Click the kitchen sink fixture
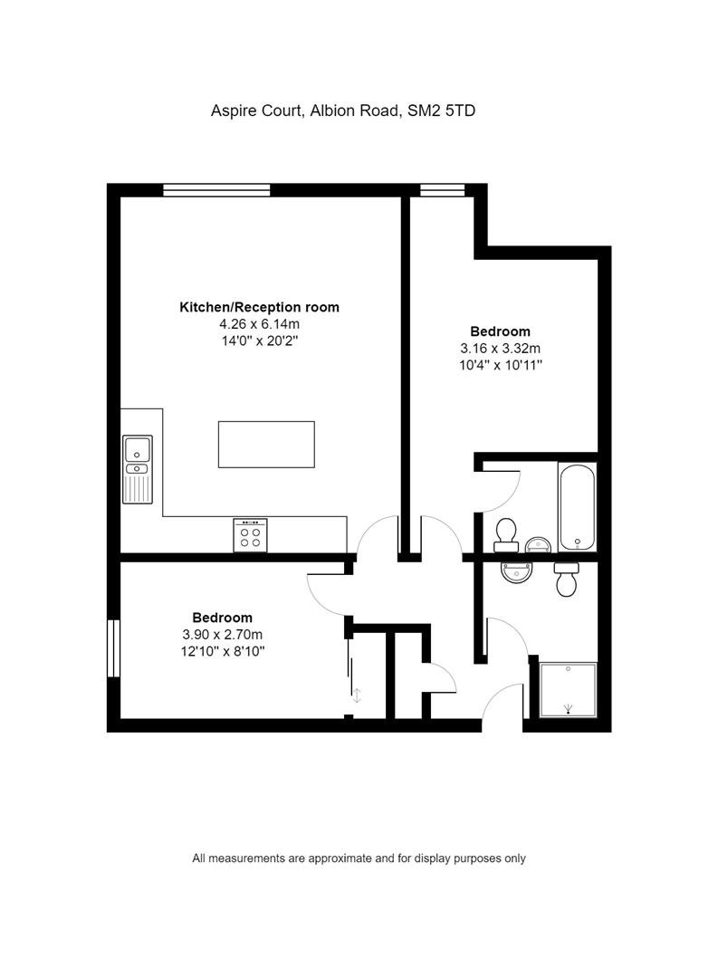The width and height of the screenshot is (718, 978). pyautogui.click(x=138, y=469)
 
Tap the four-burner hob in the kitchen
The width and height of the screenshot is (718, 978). pyautogui.click(x=250, y=535)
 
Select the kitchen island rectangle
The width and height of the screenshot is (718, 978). pyautogui.click(x=266, y=444)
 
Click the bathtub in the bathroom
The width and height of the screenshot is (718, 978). pyautogui.click(x=577, y=507)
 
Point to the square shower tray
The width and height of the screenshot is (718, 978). pyautogui.click(x=569, y=689)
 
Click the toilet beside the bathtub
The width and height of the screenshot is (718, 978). pyautogui.click(x=506, y=535)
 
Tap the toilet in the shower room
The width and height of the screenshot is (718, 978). pyautogui.click(x=567, y=580)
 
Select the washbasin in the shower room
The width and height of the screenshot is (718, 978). pyautogui.click(x=517, y=572)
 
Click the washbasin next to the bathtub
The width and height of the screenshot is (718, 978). pyautogui.click(x=538, y=544)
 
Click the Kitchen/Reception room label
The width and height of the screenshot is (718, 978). pyautogui.click(x=260, y=307)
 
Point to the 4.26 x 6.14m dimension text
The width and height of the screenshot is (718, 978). pyautogui.click(x=260, y=323)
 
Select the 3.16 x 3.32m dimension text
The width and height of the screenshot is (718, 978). pyautogui.click(x=501, y=348)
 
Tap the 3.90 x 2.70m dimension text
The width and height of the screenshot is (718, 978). pyautogui.click(x=222, y=634)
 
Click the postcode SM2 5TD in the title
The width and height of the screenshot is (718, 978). pyautogui.click(x=441, y=110)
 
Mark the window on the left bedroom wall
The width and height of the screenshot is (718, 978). pyautogui.click(x=113, y=648)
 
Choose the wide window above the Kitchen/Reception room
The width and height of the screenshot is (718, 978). pyautogui.click(x=216, y=189)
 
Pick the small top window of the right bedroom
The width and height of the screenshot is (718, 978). pyautogui.click(x=442, y=189)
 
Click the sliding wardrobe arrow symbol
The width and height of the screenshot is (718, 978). pyautogui.click(x=357, y=695)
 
